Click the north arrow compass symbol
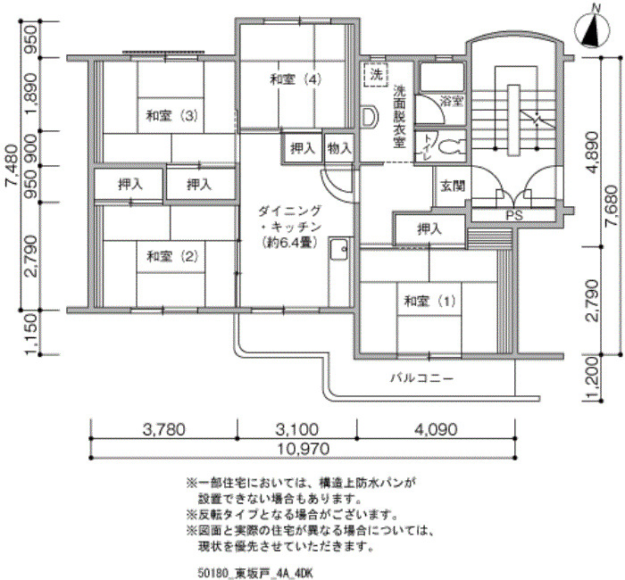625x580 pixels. pos(593,29)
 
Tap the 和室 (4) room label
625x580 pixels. pos(296,79)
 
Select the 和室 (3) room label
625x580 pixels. pos(171,116)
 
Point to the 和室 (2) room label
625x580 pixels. pos(172,257)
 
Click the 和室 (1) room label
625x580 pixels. pos(429,301)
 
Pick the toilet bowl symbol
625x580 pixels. pos(452,146)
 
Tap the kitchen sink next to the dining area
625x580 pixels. pos(339,249)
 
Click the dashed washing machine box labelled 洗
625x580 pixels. pos(376,75)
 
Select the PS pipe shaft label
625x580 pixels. pos(513,216)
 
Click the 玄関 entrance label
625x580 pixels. pos(453,186)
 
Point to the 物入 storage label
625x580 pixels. pos(339,149)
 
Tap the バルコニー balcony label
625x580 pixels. pos(421,377)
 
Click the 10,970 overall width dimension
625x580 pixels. pos(304,450)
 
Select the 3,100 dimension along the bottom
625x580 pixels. pos(297,429)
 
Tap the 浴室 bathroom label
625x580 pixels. pos(452,101)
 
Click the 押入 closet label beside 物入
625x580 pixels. pos(303,149)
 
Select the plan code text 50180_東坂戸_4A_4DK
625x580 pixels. pos(255,573)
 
